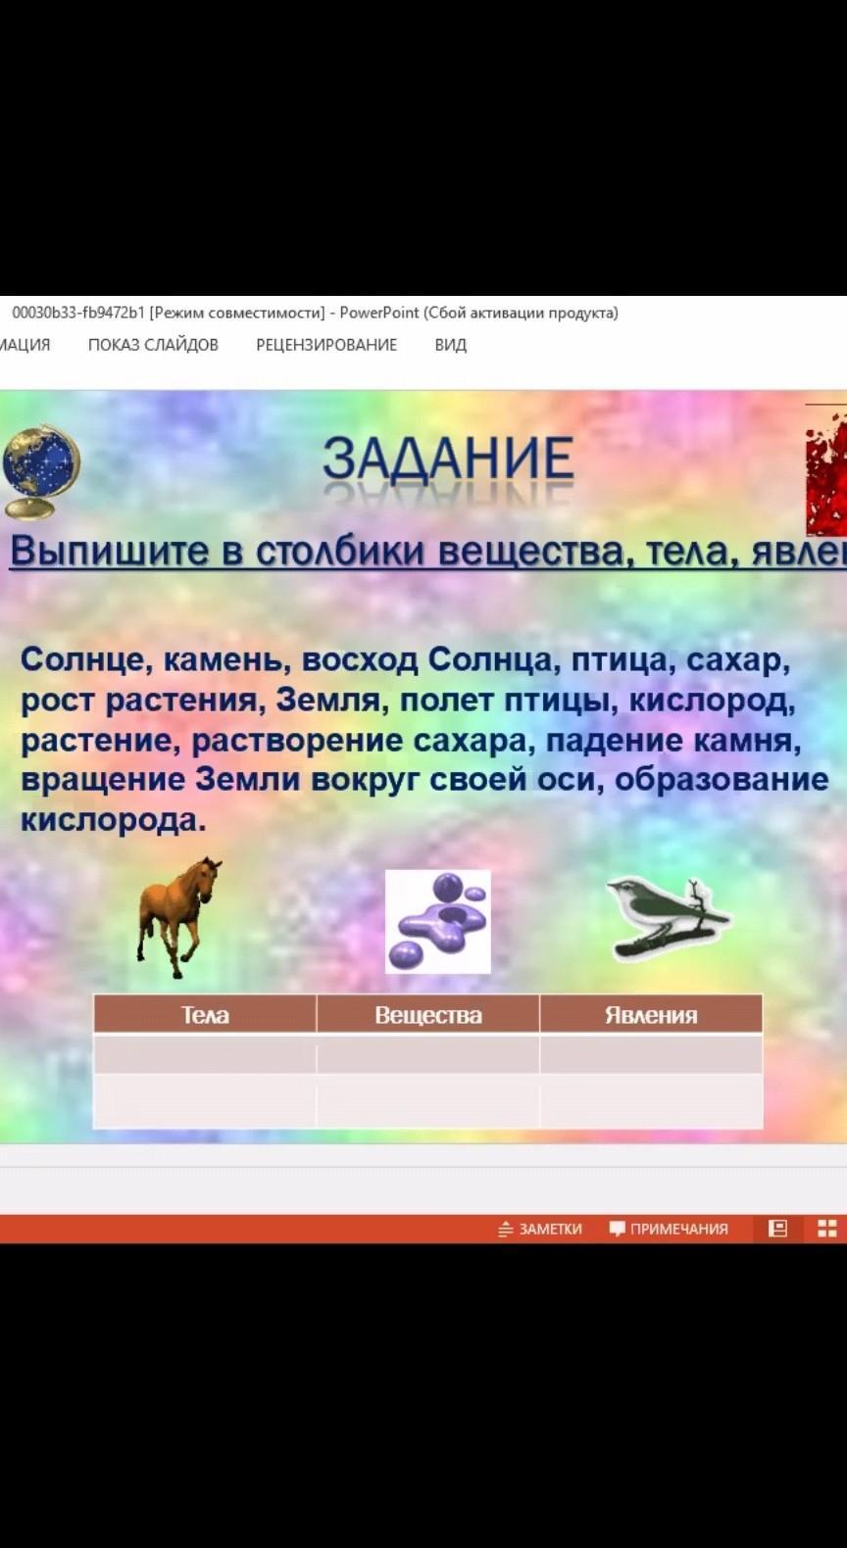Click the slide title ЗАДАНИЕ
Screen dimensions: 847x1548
(448, 459)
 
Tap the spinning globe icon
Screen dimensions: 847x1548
(41, 471)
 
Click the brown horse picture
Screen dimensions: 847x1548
(179, 917)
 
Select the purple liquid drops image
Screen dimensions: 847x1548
(437, 921)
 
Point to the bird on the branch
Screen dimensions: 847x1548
(667, 920)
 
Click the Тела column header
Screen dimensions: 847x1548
(205, 1014)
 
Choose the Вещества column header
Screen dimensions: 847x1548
(428, 1014)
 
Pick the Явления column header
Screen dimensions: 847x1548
(651, 1014)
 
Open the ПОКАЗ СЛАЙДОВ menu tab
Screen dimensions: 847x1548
(153, 345)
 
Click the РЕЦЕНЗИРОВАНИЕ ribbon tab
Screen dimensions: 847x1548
(326, 345)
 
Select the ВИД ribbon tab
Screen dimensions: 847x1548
(451, 345)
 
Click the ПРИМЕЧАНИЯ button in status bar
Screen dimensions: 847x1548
(669, 1228)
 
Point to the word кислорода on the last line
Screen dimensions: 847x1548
(114, 821)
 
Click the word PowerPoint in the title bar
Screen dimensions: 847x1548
(379, 314)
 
